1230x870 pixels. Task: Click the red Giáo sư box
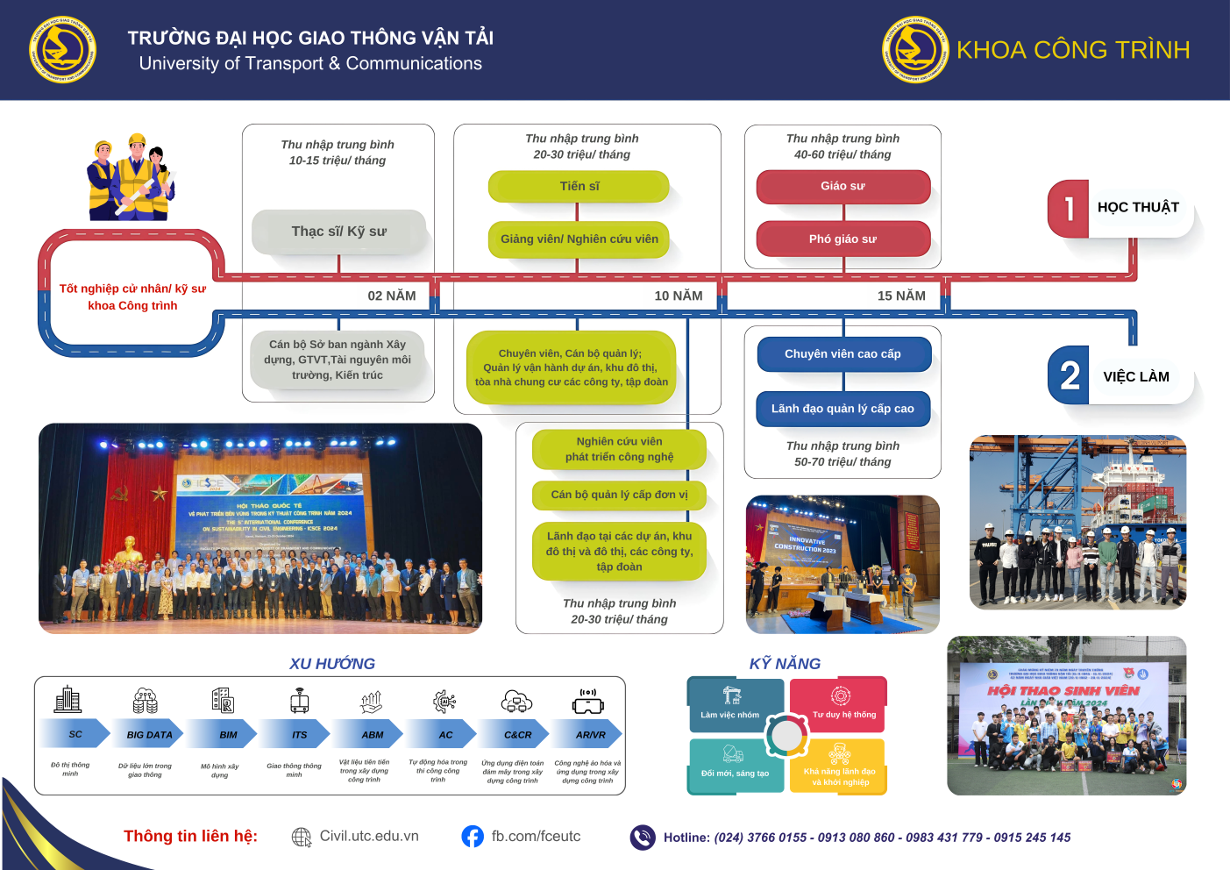click(843, 186)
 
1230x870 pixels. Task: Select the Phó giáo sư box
click(843, 239)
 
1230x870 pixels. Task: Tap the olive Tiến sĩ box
click(579, 186)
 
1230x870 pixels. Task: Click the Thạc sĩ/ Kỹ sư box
click(338, 232)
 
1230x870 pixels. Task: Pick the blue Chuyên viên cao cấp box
click(843, 354)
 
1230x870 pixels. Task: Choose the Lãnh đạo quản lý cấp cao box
click(843, 409)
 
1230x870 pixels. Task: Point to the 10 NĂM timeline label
click(678, 296)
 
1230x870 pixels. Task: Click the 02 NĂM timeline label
click(392, 296)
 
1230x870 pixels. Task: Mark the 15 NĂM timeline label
click(901, 296)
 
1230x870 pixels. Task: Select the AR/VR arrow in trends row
click(590, 734)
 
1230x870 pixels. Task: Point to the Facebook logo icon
click(473, 837)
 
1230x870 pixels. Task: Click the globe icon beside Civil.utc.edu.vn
click(302, 838)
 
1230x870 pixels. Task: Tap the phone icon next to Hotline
click(643, 838)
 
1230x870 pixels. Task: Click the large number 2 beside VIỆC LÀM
click(1070, 376)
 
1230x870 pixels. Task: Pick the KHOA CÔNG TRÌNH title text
click(1073, 50)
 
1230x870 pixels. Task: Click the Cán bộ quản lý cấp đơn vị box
click(619, 495)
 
